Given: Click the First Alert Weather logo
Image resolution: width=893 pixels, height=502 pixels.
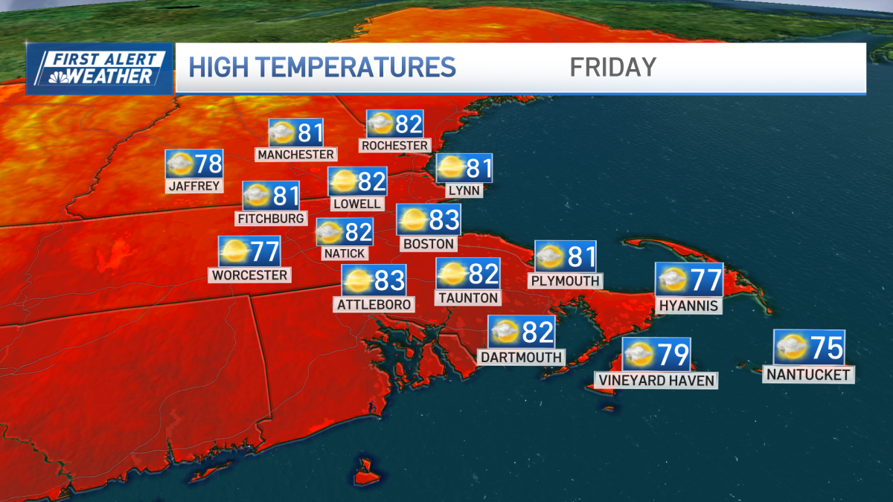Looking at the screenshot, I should [100, 68].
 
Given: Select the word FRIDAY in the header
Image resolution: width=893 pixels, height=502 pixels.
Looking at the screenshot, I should [612, 67].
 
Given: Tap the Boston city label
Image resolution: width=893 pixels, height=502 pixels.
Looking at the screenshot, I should [428, 243].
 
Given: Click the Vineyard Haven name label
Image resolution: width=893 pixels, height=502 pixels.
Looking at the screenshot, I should [656, 381].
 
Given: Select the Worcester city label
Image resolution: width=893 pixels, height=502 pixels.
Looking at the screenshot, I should [250, 275].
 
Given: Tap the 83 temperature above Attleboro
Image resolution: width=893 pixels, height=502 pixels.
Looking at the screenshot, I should [390, 281].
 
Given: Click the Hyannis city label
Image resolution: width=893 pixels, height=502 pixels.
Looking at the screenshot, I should [688, 306].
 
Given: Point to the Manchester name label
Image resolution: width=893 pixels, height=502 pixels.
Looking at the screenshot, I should [295, 155].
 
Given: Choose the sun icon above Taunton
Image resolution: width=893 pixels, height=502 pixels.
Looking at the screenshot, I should [452, 274].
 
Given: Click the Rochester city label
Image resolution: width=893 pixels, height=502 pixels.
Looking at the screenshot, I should [394, 146].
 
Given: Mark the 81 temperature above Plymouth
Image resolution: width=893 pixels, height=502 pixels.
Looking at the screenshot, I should [581, 257].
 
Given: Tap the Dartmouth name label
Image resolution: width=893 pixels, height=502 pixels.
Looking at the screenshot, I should [520, 357].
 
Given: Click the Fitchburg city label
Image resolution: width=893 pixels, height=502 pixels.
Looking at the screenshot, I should [270, 219].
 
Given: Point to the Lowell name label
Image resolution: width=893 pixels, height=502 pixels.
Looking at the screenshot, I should [357, 204].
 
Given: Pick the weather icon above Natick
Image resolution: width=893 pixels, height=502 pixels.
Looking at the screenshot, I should [330, 233].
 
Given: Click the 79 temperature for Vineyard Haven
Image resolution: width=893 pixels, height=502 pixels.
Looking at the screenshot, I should [673, 355].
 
